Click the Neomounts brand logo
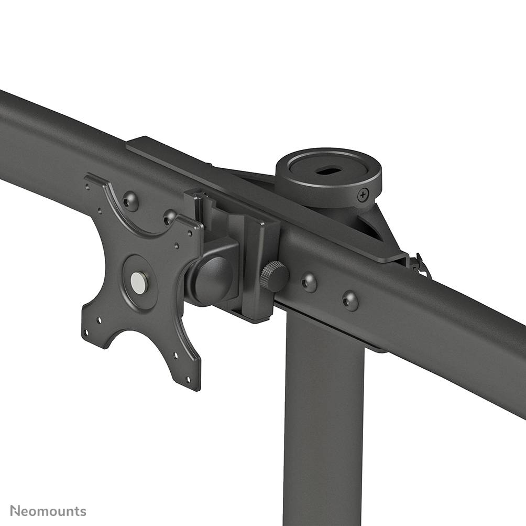click(x=48, y=511)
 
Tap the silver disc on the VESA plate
click(x=139, y=283)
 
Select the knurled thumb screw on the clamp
click(x=274, y=276)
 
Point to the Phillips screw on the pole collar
click(x=363, y=196)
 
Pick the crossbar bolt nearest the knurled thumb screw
click(x=309, y=282)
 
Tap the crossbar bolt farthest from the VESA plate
click(x=350, y=300)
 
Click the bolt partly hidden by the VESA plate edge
click(x=170, y=216)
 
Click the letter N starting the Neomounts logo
click(x=15, y=511)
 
